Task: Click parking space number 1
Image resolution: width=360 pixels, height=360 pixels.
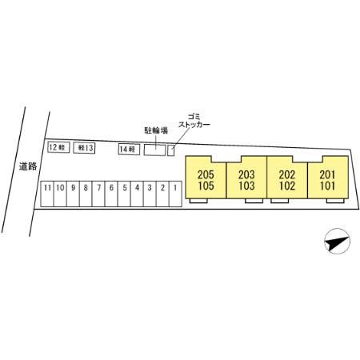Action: click(175, 194)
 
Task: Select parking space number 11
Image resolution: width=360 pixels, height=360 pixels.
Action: click(47, 194)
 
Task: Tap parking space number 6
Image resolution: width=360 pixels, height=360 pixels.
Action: click(111, 194)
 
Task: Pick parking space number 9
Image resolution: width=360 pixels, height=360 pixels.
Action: click(73, 194)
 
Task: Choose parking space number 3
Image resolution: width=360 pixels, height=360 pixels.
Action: click(150, 194)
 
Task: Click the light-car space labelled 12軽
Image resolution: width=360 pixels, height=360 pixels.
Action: click(58, 147)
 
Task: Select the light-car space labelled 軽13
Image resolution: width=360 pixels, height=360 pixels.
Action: click(84, 148)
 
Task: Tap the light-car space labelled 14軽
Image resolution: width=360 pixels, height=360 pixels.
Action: click(129, 150)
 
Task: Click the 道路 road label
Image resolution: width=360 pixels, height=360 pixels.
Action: click(28, 166)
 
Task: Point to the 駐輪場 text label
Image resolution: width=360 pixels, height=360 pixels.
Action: click(156, 130)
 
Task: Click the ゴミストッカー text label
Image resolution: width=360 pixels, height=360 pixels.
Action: click(194, 121)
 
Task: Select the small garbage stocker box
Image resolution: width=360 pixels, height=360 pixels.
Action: click(171, 150)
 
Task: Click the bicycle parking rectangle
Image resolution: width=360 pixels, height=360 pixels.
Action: click(155, 150)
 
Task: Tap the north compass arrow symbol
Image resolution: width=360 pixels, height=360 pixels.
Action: click(337, 241)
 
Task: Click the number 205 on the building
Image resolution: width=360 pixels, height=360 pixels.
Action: click(206, 175)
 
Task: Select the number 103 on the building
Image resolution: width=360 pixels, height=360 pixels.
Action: click(246, 186)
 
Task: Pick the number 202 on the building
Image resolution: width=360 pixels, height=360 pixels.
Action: click(287, 175)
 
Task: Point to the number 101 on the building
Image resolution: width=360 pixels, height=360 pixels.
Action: click(327, 186)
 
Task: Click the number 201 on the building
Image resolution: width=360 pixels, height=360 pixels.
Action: click(327, 175)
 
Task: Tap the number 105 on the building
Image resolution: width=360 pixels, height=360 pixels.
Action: click(206, 186)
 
